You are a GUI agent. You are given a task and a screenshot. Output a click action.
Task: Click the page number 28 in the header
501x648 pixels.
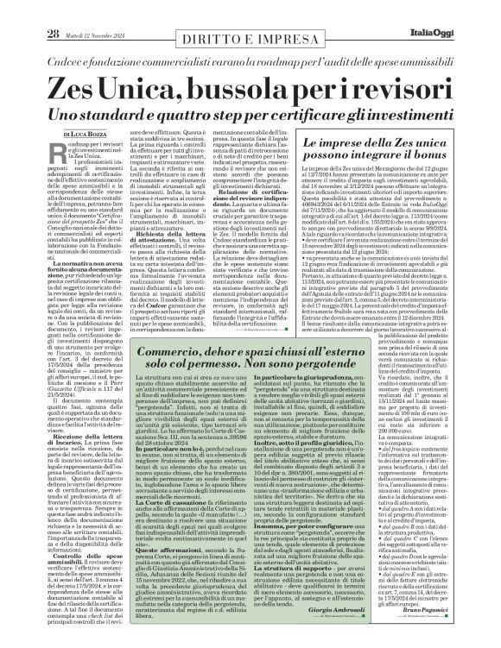(29, 9)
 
